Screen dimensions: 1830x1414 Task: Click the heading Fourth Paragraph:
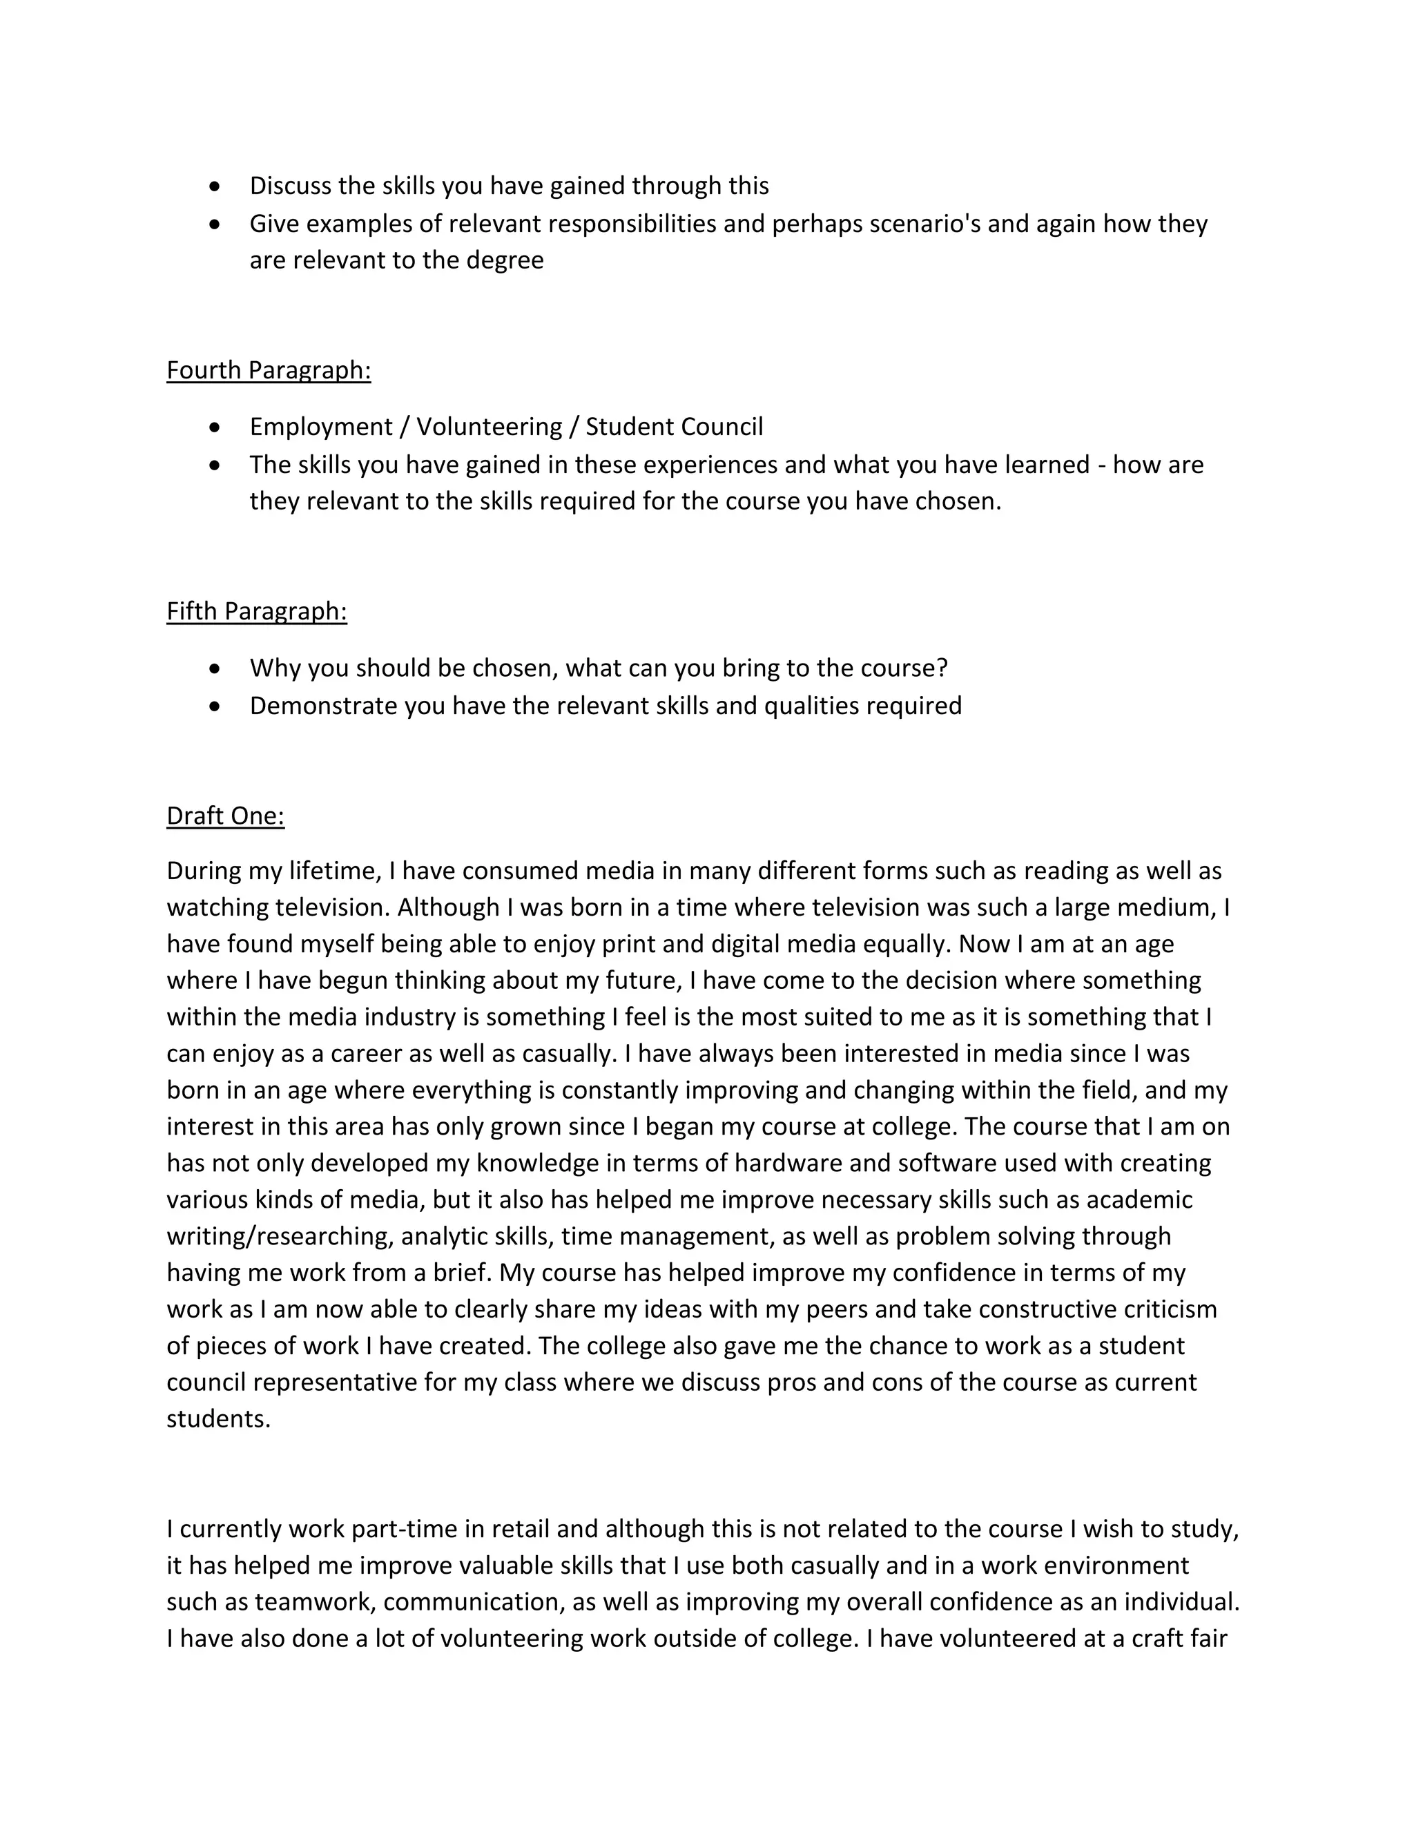coord(268,369)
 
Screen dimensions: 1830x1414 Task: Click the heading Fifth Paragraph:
coord(256,611)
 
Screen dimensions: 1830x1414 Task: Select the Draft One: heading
coord(225,816)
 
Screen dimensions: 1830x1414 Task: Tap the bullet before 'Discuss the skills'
coord(215,186)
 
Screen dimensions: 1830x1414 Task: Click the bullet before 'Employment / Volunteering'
coord(215,427)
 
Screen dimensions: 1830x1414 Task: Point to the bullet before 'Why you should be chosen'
coord(215,668)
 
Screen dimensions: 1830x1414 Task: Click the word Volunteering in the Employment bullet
coord(490,427)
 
